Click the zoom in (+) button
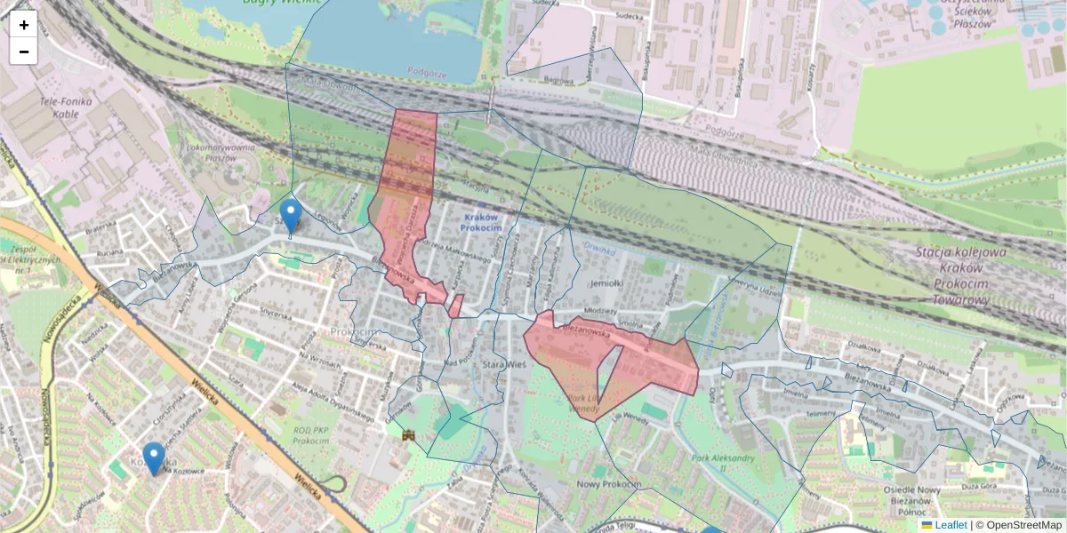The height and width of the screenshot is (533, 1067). pos(24,25)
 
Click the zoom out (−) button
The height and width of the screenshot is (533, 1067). pos(24,52)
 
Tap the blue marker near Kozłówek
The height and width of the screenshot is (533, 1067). pos(154,458)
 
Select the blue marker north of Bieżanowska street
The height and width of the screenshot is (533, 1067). pos(290,214)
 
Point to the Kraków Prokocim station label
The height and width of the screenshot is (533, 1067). pos(481,222)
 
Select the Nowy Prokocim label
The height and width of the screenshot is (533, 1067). pos(609,484)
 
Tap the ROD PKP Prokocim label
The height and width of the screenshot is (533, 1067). pos(310,435)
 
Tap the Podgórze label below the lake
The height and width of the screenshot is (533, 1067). pos(427,71)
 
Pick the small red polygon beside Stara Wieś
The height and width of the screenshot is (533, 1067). pos(455,306)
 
